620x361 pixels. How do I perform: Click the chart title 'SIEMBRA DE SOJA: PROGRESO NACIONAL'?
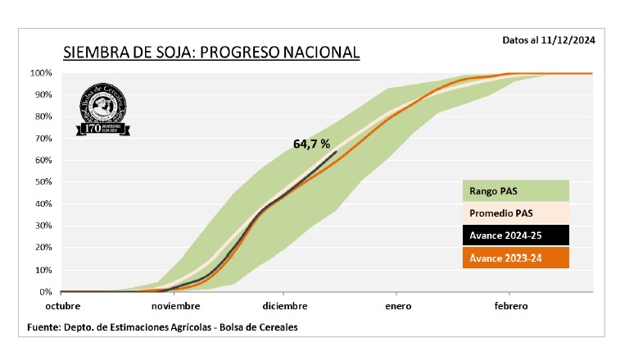coord(211,53)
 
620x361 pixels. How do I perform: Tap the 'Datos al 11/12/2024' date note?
coord(549,39)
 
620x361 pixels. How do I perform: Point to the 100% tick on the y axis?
coord(41,73)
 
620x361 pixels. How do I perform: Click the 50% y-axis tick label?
coord(43,182)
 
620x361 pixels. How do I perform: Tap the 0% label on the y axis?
coord(46,291)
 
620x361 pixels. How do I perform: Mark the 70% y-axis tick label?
coord(43,139)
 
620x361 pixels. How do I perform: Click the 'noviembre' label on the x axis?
coord(176,306)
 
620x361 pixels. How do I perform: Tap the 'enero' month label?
coord(396,306)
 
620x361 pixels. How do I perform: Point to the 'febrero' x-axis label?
coord(509,306)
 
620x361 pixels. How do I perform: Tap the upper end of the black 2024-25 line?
coord(336,152)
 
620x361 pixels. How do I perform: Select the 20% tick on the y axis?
coord(43,248)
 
